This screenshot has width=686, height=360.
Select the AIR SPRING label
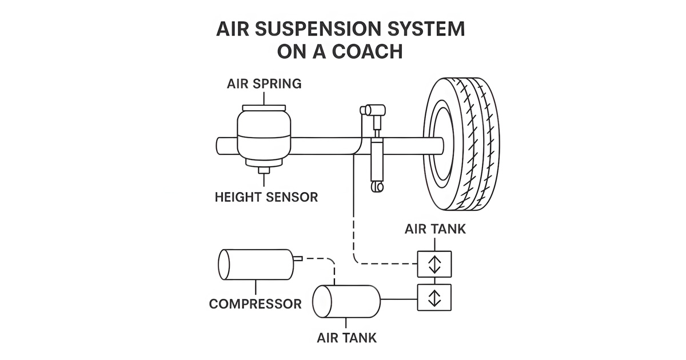coord(264,84)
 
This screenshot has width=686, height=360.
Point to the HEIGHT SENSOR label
coord(266,198)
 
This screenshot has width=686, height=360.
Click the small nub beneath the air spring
coord(264,170)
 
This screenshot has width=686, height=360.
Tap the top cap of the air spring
coord(264,107)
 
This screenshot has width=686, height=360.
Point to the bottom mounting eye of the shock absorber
coord(377,187)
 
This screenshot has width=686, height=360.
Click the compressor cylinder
coord(254,265)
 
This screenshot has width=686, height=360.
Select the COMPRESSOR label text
coord(255,303)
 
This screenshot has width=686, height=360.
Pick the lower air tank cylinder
coord(347,299)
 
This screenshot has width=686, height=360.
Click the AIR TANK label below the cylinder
coord(347,337)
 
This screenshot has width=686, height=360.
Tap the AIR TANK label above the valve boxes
coord(435,229)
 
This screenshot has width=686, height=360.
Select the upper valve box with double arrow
coord(435,263)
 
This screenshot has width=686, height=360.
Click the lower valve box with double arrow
coord(435,297)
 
